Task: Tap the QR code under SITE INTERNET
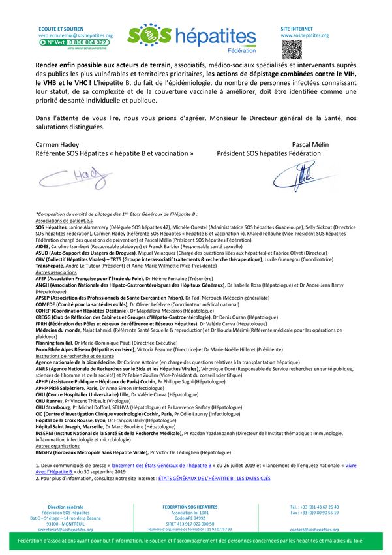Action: [x=292, y=49]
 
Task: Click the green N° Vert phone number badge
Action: [x=75, y=42]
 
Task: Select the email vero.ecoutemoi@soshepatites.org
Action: [x=76, y=35]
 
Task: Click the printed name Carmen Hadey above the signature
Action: [x=57, y=144]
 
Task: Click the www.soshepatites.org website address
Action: [x=305, y=35]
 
